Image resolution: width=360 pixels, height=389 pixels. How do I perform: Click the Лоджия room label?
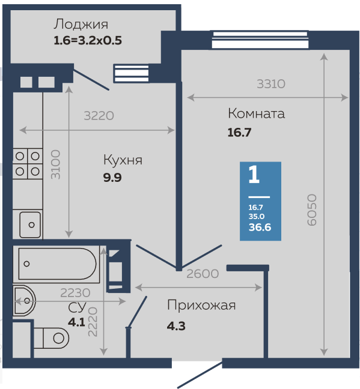pos(81,25)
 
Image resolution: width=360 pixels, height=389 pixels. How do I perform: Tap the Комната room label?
pos(256,113)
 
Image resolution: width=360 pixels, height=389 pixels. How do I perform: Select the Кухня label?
pos(123,160)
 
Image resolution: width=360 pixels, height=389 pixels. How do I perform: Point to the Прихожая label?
pos(201,306)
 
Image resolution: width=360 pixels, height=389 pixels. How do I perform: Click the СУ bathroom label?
pos(77,307)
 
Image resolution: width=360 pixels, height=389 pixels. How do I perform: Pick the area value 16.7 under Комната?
pos(239,133)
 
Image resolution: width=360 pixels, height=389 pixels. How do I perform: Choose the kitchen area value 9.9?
pos(112,178)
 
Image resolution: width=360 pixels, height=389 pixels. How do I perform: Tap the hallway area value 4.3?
pos(176,326)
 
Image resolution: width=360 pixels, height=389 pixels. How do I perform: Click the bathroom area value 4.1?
pos(76,322)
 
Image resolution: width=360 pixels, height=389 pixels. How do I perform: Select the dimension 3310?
pos(271,84)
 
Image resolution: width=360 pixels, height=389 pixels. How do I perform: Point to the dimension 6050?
pos(312,210)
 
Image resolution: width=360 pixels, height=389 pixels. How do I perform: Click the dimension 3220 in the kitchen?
pos(99,116)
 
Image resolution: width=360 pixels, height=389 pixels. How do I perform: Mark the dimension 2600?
pos(203,274)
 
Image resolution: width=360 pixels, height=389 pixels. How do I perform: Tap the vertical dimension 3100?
pos(55,164)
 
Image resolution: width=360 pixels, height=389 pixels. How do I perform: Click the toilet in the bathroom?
pos(51,338)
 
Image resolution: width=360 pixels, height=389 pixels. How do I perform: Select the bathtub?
pos(56,264)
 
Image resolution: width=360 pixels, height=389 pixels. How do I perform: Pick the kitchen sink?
pos(30,225)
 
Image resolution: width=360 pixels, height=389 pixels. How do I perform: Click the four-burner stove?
pos(28,164)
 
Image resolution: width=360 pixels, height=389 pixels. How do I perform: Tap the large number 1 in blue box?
pos(254,175)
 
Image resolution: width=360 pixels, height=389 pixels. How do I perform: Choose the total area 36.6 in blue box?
pos(260,228)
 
